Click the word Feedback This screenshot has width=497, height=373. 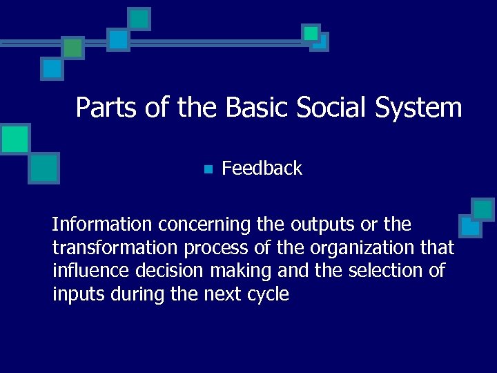[x=262, y=169]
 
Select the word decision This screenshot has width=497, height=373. [x=162, y=271]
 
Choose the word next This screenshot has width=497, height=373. [x=222, y=295]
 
